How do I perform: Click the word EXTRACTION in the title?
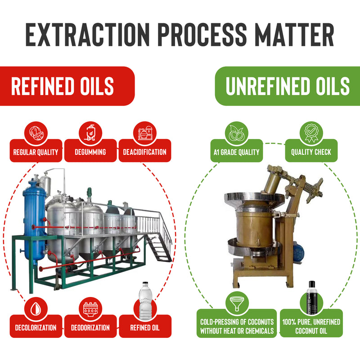[87, 35]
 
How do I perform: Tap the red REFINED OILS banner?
[67, 86]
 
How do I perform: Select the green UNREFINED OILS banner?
[288, 86]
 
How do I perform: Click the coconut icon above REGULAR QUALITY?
[36, 133]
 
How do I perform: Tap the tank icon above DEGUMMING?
[90, 133]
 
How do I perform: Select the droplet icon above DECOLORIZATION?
[36, 308]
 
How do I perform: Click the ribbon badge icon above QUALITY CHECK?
[311, 133]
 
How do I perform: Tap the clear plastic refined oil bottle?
[145, 300]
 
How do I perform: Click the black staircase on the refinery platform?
[160, 249]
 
